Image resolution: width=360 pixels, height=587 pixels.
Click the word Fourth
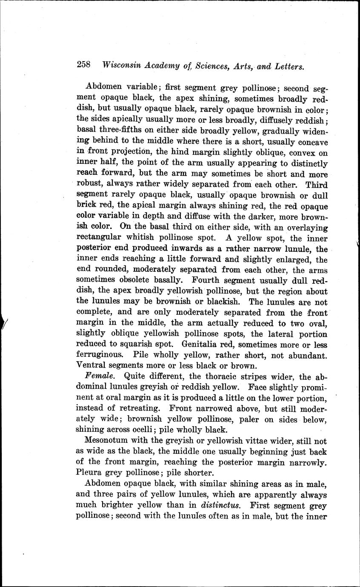[x=206, y=280]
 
